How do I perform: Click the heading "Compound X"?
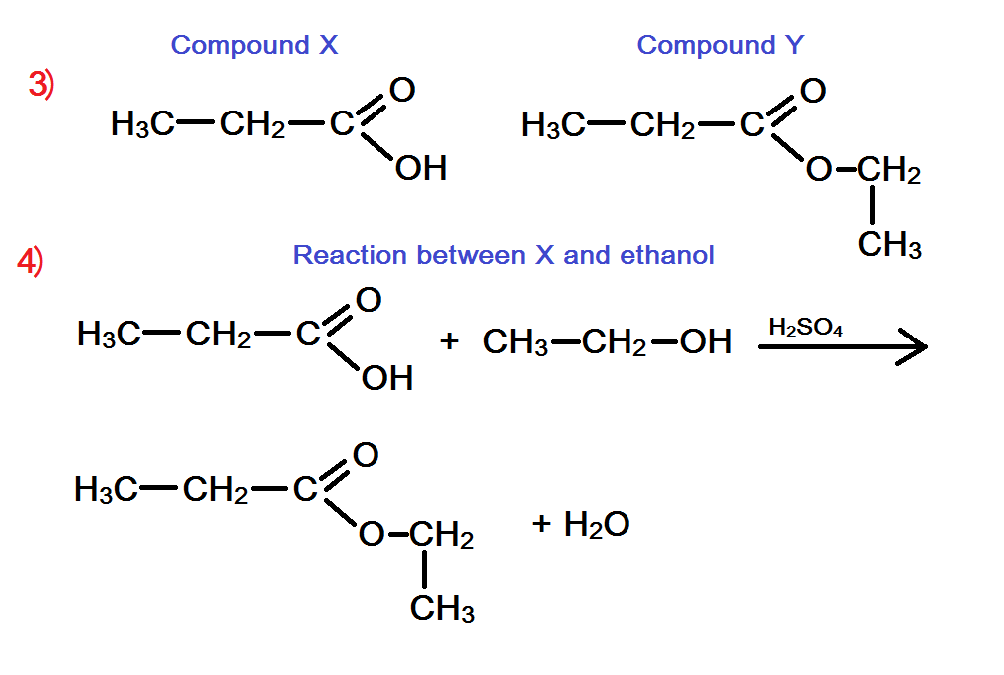click(x=254, y=45)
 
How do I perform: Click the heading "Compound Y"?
click(x=720, y=45)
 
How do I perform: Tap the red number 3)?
click(x=41, y=86)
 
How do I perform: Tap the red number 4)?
click(x=30, y=263)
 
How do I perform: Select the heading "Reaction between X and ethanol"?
click(x=503, y=255)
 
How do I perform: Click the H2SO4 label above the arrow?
click(x=806, y=327)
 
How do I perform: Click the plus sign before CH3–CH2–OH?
click(x=449, y=341)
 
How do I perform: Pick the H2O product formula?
click(x=596, y=524)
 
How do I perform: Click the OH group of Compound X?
click(x=420, y=169)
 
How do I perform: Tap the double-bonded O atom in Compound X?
click(x=402, y=91)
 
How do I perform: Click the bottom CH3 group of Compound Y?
click(x=889, y=245)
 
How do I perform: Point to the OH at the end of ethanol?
click(x=706, y=342)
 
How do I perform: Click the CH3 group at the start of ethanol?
click(x=515, y=342)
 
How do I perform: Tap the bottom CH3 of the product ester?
click(x=442, y=609)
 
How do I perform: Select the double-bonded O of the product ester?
click(x=366, y=455)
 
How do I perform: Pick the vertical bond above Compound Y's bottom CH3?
click(x=873, y=206)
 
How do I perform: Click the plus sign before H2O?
click(x=542, y=523)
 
